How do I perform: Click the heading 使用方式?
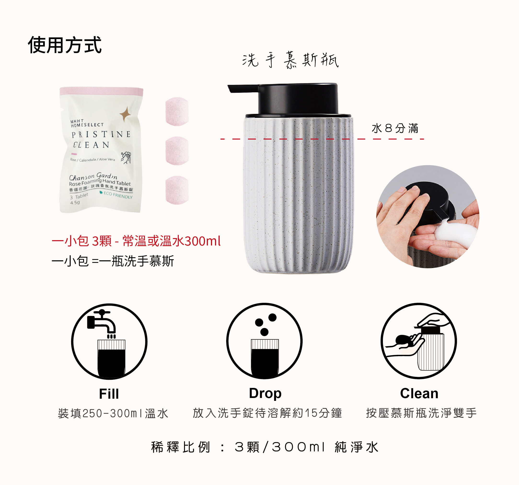(64, 45)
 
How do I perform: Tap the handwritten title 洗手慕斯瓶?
(290, 60)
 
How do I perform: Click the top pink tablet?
(177, 111)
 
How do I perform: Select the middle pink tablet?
(177, 151)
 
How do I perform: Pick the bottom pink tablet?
(177, 190)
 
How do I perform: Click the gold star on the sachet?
(125, 114)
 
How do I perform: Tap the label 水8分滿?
(395, 128)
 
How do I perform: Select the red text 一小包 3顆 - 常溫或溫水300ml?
(136, 241)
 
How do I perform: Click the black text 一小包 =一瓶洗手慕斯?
(113, 261)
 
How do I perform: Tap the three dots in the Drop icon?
(265, 324)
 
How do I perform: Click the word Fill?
(109, 394)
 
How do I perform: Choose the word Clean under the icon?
(419, 393)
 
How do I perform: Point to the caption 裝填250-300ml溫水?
(113, 413)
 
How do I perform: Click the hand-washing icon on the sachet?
(126, 158)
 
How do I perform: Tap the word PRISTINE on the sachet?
(101, 134)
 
